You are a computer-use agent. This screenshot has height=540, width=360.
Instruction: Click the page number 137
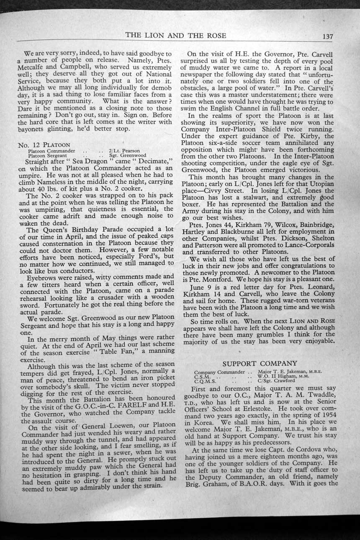328,36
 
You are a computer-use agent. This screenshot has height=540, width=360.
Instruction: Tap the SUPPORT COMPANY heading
260,363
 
